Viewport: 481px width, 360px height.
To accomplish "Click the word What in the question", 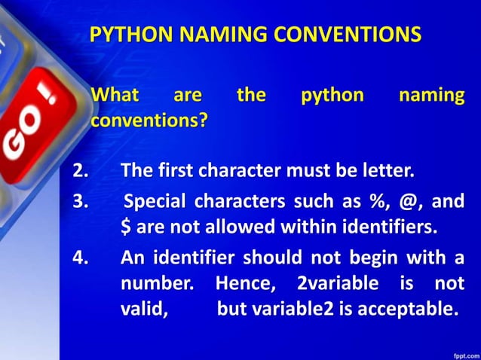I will coord(115,96).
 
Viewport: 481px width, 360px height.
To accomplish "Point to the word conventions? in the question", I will coord(149,119).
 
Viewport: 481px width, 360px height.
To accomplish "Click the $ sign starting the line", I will coord(125,226).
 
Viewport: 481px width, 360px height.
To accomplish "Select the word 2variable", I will coord(335,284).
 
